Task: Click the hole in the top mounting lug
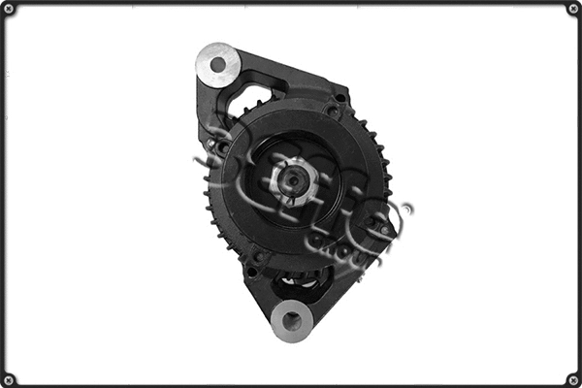click(218, 65)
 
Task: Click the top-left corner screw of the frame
click(8, 8)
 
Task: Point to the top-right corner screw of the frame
click(573, 8)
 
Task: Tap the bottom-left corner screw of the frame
click(8, 379)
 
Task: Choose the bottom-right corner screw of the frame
click(573, 379)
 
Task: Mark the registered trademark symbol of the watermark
click(405, 208)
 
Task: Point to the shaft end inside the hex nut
click(291, 180)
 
